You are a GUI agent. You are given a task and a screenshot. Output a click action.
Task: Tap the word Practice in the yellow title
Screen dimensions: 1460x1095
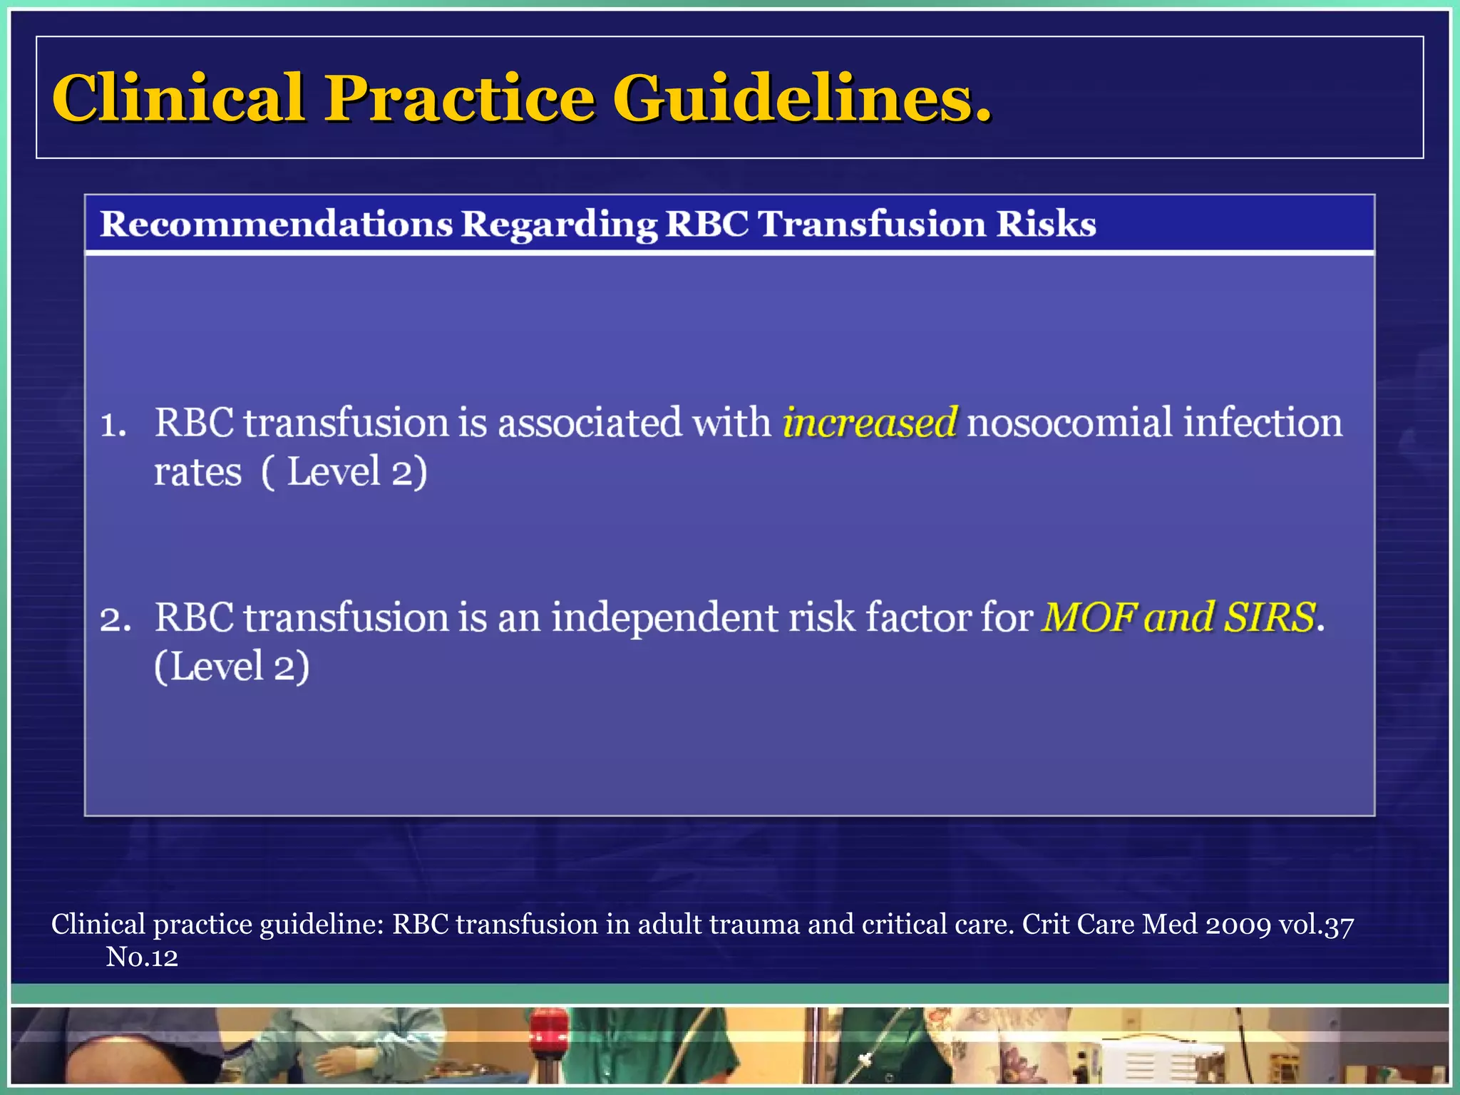(x=460, y=98)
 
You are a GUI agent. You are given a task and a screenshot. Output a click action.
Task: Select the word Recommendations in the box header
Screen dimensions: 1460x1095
(x=276, y=224)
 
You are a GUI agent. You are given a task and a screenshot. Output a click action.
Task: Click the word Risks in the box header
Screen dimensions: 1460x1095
(x=1046, y=224)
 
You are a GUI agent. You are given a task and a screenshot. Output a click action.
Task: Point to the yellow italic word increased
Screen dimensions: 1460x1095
(x=870, y=422)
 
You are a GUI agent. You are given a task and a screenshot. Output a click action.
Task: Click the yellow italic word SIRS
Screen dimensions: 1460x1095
(x=1270, y=617)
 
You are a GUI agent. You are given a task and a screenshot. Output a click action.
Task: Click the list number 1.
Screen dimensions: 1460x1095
(x=113, y=425)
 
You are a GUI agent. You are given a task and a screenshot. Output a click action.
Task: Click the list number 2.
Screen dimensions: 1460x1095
(x=115, y=620)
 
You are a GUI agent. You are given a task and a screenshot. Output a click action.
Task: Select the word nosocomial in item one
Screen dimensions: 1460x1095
(x=1069, y=422)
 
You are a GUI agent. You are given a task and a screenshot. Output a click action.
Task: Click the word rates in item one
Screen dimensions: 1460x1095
(x=197, y=472)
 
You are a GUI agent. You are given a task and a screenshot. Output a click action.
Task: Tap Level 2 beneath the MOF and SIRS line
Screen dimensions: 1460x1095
(x=232, y=667)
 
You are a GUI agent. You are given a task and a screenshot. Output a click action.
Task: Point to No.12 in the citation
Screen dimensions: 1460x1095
(x=142, y=957)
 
